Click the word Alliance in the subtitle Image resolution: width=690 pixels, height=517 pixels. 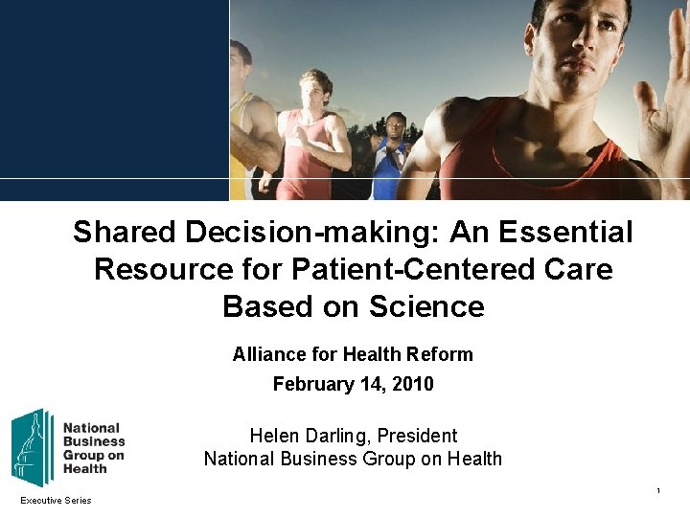pyautogui.click(x=265, y=354)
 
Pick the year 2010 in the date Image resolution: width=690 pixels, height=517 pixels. pyautogui.click(x=411, y=385)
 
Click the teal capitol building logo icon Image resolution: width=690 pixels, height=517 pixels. pyautogui.click(x=34, y=448)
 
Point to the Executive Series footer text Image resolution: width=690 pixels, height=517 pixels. pyautogui.click(x=57, y=501)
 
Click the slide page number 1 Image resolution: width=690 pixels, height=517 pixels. pyautogui.click(x=658, y=491)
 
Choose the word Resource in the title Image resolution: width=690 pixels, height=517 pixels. pyautogui.click(x=153, y=270)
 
